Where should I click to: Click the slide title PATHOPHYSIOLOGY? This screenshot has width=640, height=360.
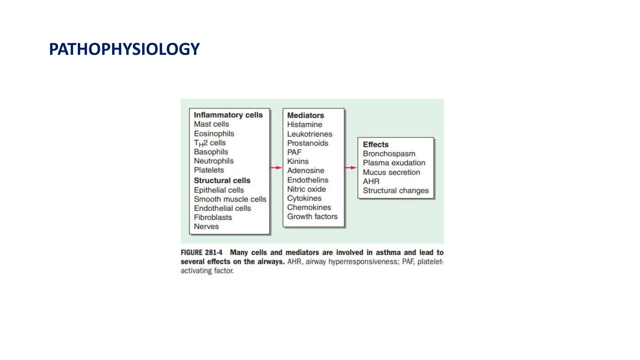[x=124, y=49]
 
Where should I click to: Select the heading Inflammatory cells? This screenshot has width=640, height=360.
[x=228, y=115]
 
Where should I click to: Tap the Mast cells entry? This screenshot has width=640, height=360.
[x=211, y=124]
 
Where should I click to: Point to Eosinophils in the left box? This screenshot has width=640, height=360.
[x=214, y=134]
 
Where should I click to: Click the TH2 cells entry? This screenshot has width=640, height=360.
[x=210, y=143]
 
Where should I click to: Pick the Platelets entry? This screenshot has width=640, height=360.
[x=209, y=170]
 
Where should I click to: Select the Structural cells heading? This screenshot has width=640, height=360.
[x=222, y=181]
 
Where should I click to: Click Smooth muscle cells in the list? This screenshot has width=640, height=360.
[x=230, y=199]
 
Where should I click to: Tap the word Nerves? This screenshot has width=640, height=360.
[x=206, y=227]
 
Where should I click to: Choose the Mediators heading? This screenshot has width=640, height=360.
[x=305, y=115]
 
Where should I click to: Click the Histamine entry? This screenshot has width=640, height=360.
[x=304, y=125]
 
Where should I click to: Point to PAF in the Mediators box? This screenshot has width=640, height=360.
[x=294, y=152]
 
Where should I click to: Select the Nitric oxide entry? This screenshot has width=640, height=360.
[x=306, y=189]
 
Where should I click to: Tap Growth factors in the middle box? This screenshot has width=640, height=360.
[x=312, y=217]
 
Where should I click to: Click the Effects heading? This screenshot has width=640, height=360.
[x=376, y=144]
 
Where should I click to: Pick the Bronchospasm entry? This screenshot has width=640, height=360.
[x=389, y=154]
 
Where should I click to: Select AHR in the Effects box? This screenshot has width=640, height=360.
[x=371, y=181]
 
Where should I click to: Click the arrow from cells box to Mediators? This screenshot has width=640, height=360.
[x=276, y=168]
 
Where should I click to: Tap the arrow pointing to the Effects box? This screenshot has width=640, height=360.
[x=351, y=168]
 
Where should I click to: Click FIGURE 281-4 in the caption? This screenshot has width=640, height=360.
[x=201, y=252]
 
